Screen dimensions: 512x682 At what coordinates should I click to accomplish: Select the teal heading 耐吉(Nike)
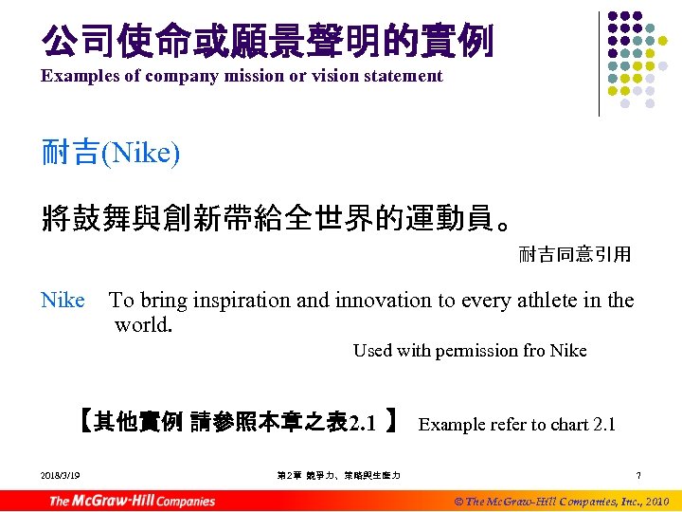111,153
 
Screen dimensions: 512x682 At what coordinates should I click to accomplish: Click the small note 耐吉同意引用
575,254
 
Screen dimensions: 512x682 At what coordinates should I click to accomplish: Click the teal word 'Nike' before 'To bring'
63,301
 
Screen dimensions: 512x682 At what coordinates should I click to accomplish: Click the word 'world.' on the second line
144,325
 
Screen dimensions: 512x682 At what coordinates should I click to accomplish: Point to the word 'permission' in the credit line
476,351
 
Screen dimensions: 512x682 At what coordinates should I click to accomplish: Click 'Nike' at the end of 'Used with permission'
568,351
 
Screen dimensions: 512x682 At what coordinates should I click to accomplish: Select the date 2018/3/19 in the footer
61,475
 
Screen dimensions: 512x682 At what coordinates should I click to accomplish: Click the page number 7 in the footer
639,475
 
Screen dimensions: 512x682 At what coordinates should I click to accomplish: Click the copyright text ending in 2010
561,501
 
